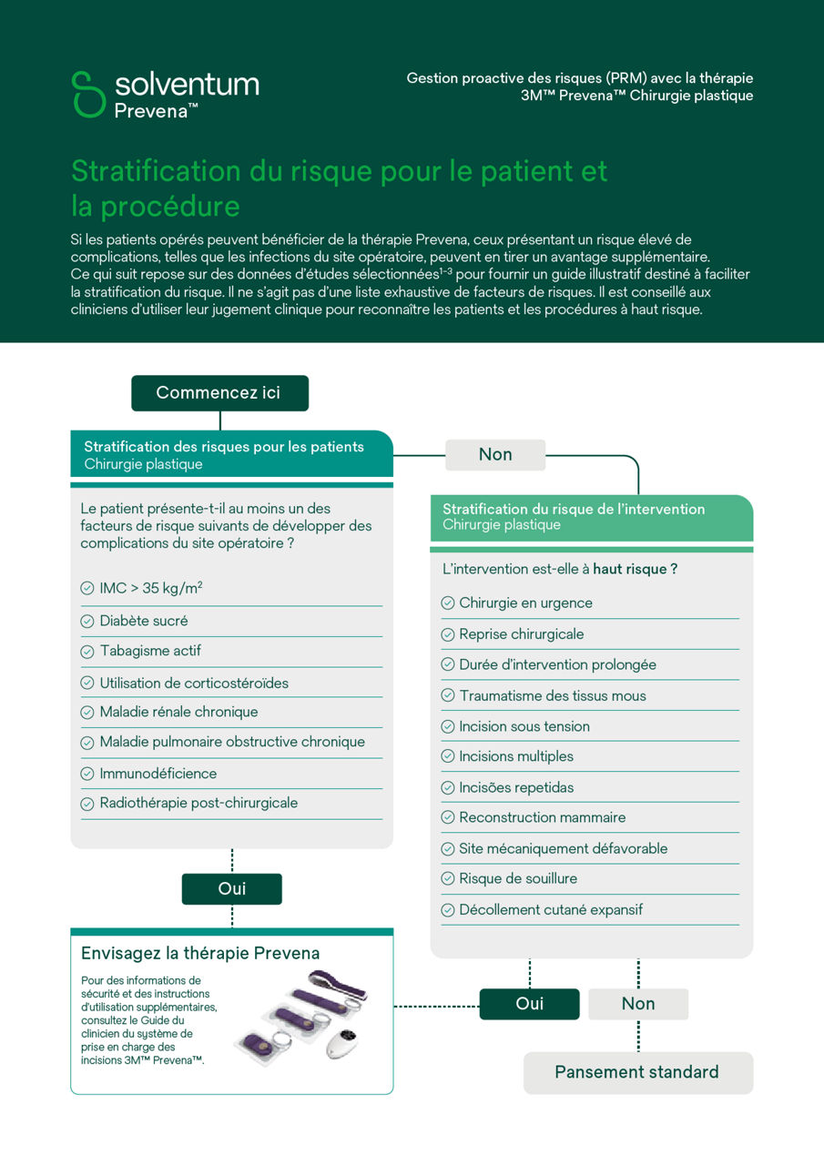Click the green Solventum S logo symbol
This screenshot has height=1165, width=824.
(89, 94)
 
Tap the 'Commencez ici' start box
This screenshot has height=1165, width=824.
(219, 393)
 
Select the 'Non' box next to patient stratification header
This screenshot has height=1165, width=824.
(495, 454)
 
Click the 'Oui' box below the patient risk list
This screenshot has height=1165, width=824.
(232, 888)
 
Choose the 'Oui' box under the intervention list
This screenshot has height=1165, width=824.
(529, 1003)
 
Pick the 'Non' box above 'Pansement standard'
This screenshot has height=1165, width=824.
(638, 1003)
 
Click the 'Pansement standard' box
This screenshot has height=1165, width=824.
(637, 1072)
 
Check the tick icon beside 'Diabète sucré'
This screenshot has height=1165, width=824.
(87, 621)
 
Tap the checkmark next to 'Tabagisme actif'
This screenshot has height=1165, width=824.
(87, 652)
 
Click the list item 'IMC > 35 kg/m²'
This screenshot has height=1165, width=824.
(150, 589)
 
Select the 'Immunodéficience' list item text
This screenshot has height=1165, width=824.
(158, 774)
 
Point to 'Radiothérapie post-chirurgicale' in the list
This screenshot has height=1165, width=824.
(198, 804)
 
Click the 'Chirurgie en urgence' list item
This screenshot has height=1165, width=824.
(525, 603)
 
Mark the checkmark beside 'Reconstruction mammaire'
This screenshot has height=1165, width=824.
(448, 818)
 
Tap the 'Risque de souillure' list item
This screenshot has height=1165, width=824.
(517, 879)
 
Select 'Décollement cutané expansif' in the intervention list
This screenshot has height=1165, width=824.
(551, 910)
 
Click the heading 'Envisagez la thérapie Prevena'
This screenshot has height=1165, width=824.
(200, 954)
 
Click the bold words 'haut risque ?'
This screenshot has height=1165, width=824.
(635, 569)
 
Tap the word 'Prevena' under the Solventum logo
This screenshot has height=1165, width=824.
(156, 111)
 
